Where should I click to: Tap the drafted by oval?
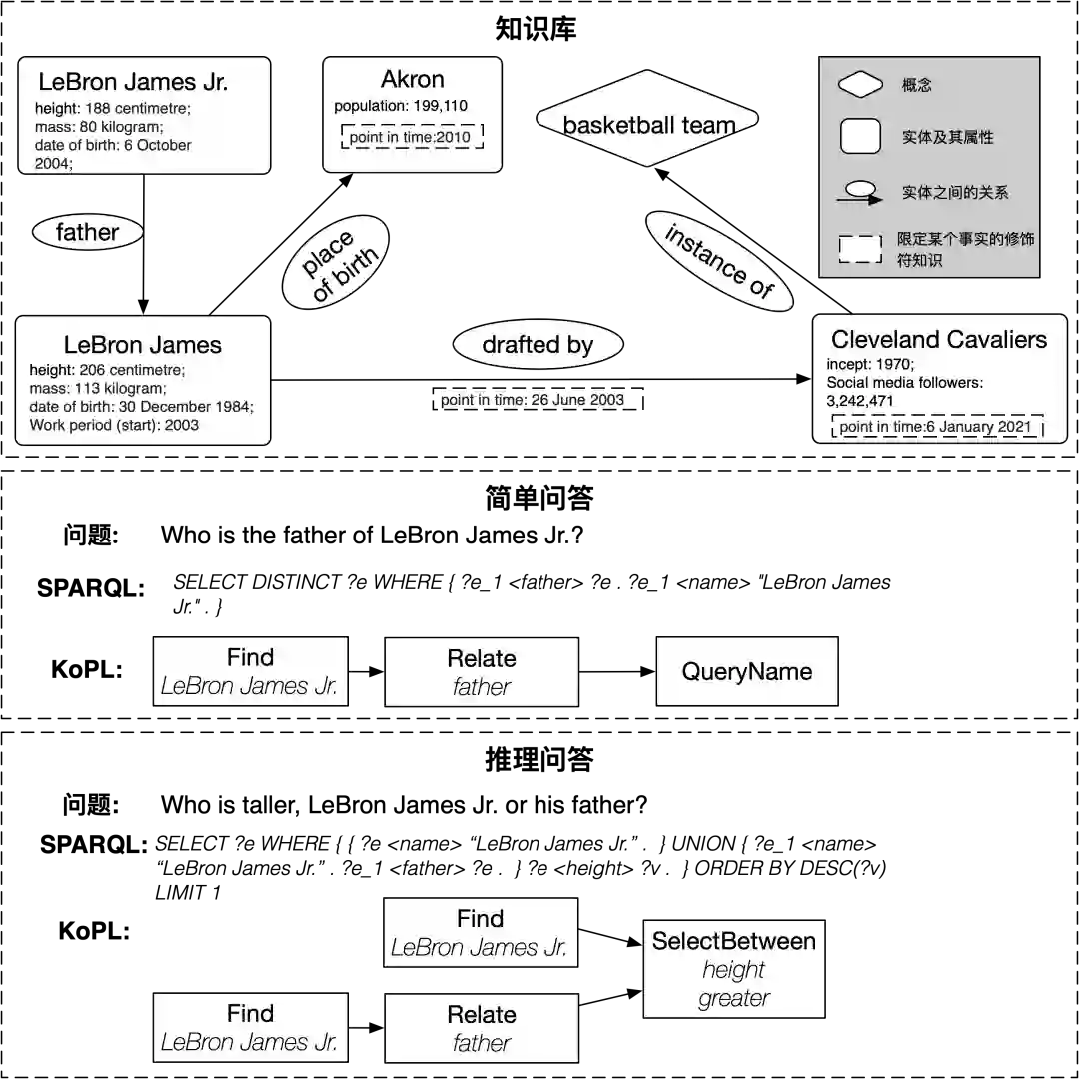[538, 345]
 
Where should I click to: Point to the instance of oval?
[719, 260]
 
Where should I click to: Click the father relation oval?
[88, 233]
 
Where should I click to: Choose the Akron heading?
[412, 80]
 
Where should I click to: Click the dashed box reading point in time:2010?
[411, 137]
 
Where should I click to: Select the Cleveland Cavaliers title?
[939, 340]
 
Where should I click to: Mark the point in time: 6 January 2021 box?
[937, 427]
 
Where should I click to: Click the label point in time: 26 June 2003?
[533, 400]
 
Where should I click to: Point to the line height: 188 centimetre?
[112, 108]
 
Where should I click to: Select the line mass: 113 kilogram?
[98, 388]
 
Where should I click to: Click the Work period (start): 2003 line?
[114, 425]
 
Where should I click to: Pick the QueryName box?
[747, 672]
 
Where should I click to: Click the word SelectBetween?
[734, 941]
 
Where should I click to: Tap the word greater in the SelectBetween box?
[734, 998]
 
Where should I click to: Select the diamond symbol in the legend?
[859, 86]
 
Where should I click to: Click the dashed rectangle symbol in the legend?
[859, 249]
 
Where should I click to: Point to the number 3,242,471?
[860, 401]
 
